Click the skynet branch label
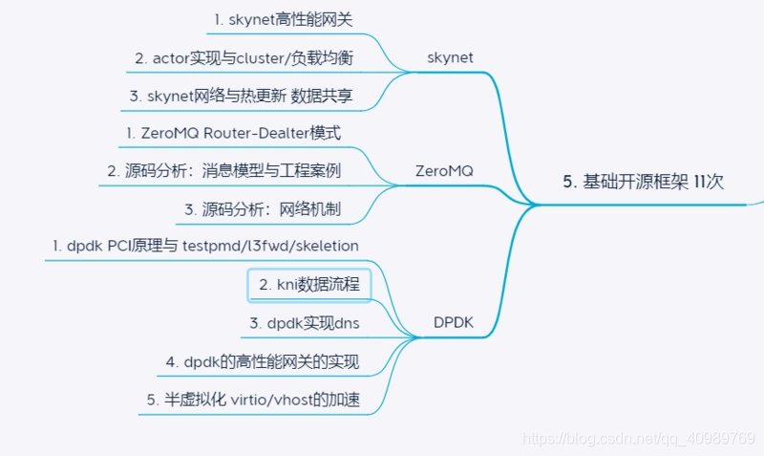[450, 57]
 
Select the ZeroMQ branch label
[444, 171]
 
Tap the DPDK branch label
[453, 322]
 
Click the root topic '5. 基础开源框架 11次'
[643, 182]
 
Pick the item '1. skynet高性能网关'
[283, 19]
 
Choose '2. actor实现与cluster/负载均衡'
[244, 58]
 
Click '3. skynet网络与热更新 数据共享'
[242, 96]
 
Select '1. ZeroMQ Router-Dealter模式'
[233, 133]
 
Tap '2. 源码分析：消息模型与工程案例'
[224, 171]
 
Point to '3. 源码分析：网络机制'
[263, 209]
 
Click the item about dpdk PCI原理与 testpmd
[205, 246]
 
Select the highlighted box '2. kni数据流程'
[309, 285]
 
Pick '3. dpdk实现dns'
[305, 323]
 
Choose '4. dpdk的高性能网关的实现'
[262, 362]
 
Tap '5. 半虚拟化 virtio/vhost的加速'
[253, 400]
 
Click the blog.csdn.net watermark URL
[639, 438]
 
